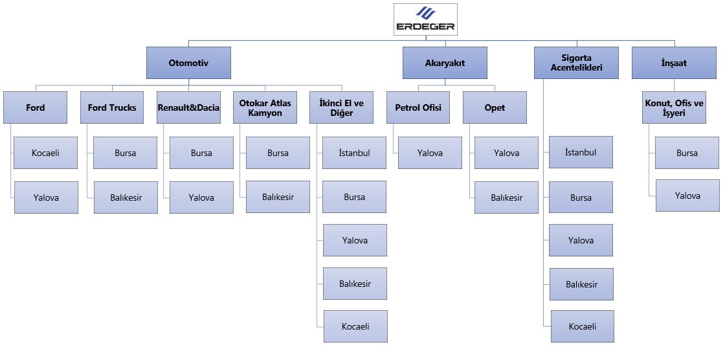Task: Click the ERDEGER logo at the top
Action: click(425, 19)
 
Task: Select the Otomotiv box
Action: click(188, 63)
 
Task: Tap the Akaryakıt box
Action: click(445, 63)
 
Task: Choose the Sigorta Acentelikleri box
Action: click(577, 63)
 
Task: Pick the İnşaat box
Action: click(674, 63)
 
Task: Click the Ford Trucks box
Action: click(112, 107)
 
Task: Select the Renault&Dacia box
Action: click(188, 107)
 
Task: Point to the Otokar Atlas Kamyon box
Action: click(265, 107)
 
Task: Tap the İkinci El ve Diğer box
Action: click(341, 107)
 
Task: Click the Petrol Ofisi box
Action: click(418, 107)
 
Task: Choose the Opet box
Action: click(495, 107)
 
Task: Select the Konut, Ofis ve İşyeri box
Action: click(674, 107)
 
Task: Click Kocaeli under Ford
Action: click(46, 153)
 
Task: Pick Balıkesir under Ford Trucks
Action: click(126, 197)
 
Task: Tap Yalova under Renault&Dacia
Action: click(201, 197)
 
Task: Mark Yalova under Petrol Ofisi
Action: click(430, 153)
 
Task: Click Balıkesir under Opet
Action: click(506, 197)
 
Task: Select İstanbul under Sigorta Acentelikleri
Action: click(581, 152)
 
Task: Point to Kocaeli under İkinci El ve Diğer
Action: click(355, 326)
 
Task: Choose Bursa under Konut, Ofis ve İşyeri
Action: click(687, 153)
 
